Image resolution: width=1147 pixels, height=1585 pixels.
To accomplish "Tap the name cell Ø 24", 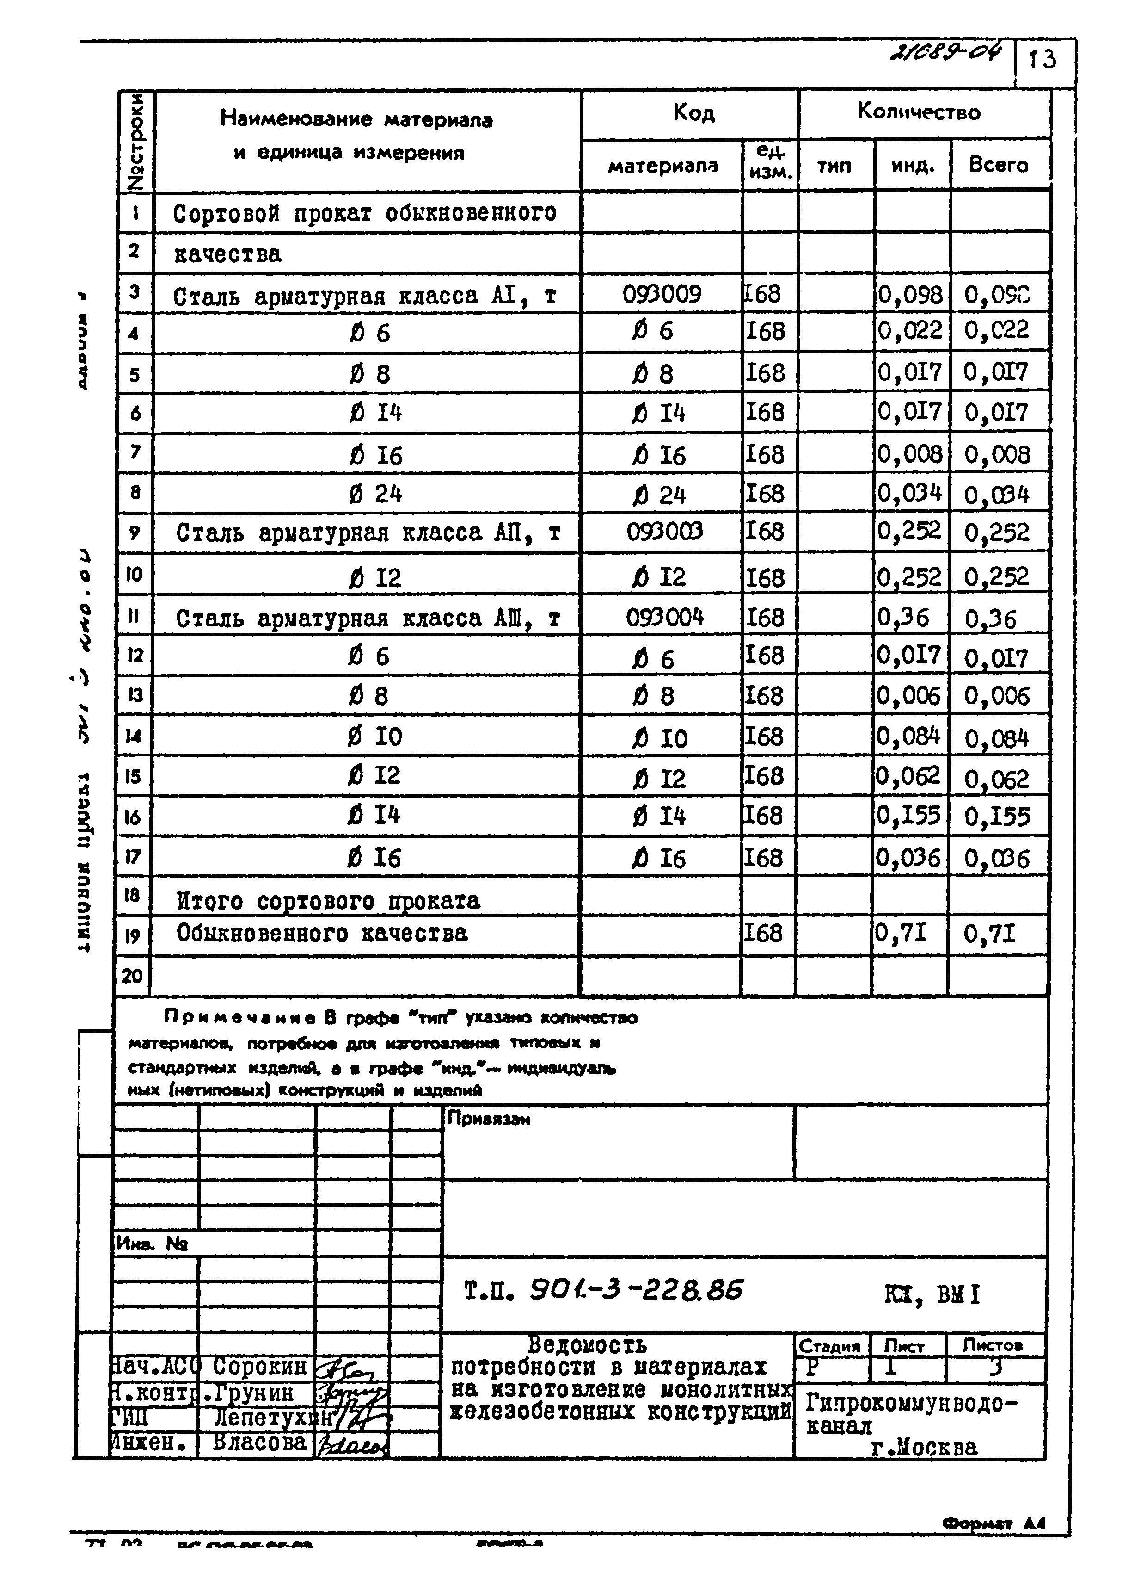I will tap(374, 494).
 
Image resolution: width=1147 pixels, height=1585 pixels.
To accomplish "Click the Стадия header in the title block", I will tap(830, 1346).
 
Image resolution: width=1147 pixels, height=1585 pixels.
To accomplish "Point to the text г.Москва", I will tap(923, 1447).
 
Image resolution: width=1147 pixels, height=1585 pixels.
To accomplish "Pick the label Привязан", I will tap(488, 1119).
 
